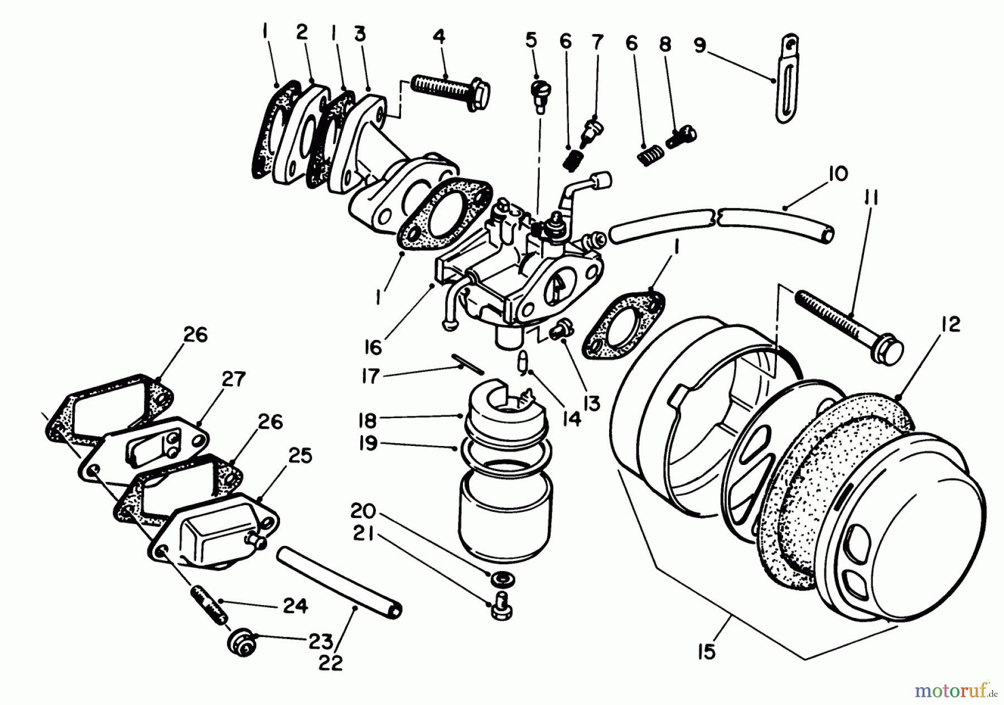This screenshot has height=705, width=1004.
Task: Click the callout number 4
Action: (x=439, y=37)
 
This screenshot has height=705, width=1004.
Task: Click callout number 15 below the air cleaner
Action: (x=707, y=651)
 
